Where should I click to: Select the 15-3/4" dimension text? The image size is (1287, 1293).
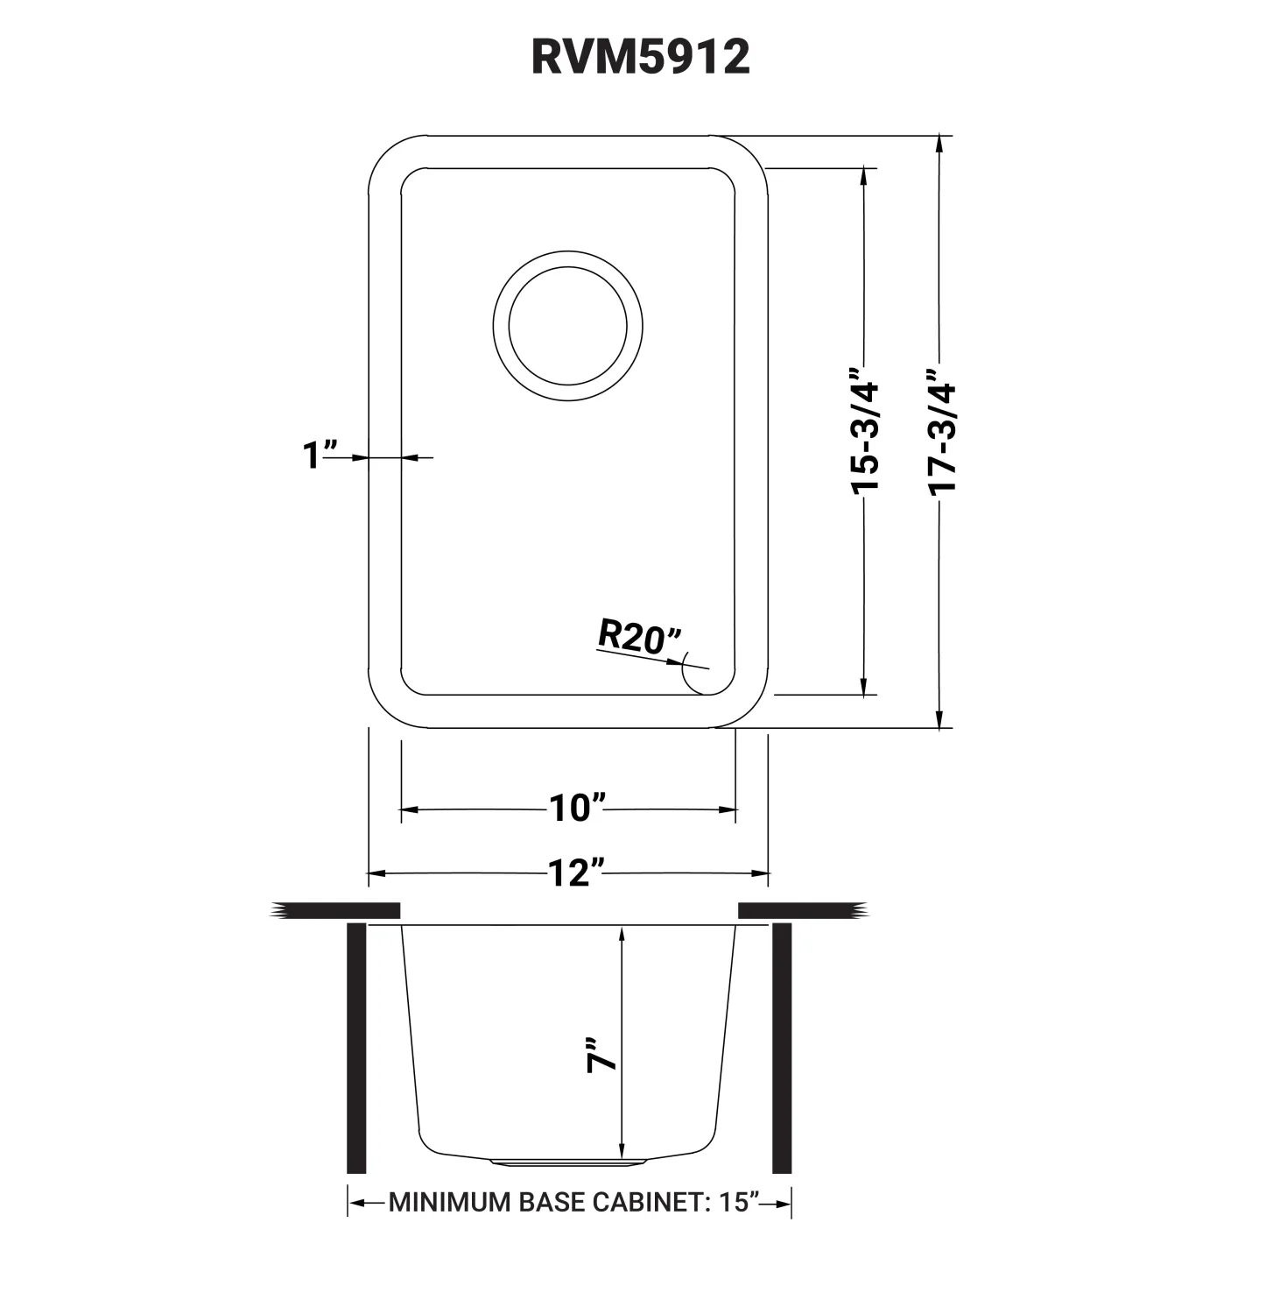865,437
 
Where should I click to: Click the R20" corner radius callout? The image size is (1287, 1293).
640,636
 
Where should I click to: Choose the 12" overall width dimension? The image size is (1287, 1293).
577,873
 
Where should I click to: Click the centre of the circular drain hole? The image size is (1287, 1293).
567,325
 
